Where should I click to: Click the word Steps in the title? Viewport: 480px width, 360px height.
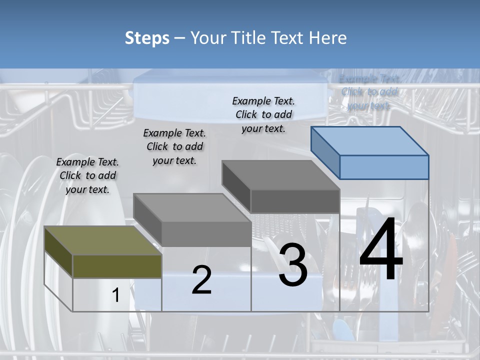coord(147,38)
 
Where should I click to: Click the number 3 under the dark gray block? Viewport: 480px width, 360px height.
coord(293,265)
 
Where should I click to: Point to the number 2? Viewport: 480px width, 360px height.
coord(201,280)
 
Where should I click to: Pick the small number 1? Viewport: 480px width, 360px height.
coord(116,295)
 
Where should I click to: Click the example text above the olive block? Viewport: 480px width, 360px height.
coord(87,175)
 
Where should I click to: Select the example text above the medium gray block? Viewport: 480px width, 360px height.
coord(174,146)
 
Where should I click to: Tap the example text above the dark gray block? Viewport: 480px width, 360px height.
coord(263,114)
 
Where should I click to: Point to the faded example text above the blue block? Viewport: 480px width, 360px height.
coord(369,92)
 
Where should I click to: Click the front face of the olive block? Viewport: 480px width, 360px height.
coord(117,266)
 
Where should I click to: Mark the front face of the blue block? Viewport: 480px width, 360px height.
coord(384,167)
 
